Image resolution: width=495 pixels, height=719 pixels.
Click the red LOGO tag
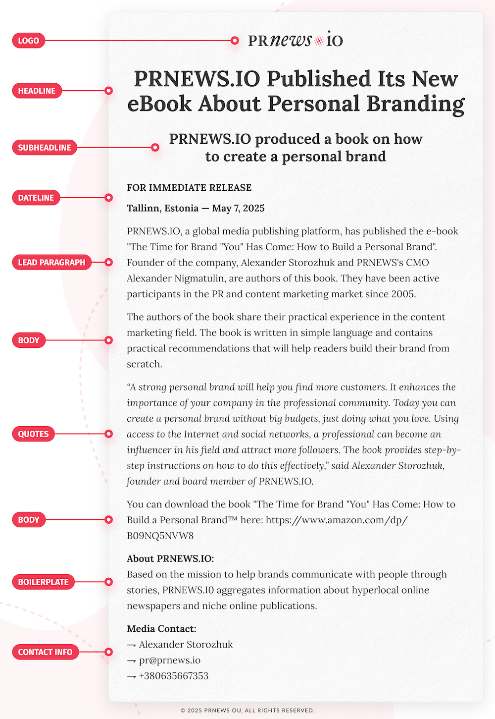(x=29, y=41)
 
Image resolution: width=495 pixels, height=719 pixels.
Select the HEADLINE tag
(x=37, y=91)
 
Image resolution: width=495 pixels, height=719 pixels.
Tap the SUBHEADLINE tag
(x=45, y=148)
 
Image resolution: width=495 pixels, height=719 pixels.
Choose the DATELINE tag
(x=36, y=198)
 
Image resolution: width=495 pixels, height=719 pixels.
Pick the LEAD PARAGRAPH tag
(x=51, y=263)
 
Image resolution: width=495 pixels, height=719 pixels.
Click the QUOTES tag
(x=34, y=434)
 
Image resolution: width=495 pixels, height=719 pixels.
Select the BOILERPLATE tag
(x=44, y=582)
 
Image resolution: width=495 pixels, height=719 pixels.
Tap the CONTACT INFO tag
(x=45, y=652)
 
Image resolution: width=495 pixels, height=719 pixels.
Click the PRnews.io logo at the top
(x=295, y=41)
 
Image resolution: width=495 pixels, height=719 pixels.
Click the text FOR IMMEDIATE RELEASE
(x=189, y=188)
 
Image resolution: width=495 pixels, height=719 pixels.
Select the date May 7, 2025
(x=238, y=209)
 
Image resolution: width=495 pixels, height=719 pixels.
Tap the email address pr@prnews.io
(x=170, y=660)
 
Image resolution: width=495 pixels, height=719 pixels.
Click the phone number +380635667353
(x=174, y=676)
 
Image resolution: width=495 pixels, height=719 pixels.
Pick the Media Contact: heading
(x=161, y=629)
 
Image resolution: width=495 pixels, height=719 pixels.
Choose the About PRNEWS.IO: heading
(x=170, y=559)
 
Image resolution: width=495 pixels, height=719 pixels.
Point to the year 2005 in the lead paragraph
(x=402, y=294)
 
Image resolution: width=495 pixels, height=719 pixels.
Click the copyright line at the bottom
(x=247, y=710)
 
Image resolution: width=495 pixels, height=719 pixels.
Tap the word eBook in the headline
(x=159, y=104)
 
